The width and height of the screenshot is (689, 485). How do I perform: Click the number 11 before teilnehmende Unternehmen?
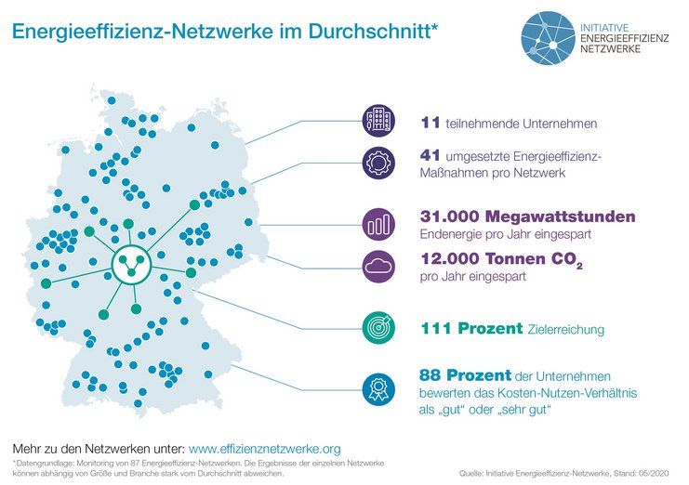pyautogui.click(x=431, y=121)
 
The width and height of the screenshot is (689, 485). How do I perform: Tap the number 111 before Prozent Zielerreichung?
pyautogui.click(x=435, y=328)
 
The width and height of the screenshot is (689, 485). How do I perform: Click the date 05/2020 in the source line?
pyautogui.click(x=657, y=474)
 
